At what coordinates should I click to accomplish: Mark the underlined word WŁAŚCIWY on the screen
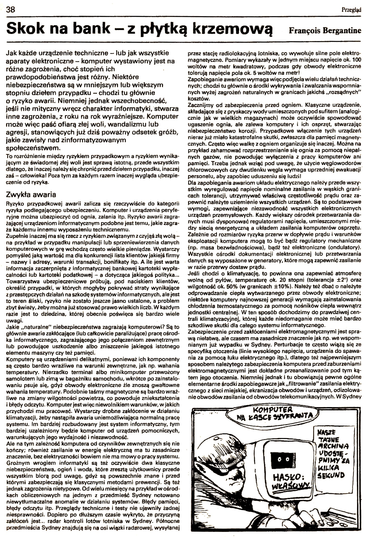[x=285, y=486]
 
